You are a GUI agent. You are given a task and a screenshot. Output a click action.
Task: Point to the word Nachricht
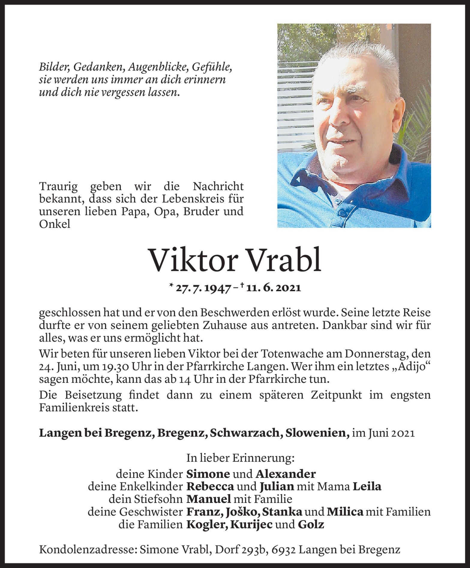point(218,186)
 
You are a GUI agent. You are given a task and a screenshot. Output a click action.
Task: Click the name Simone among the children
point(208,474)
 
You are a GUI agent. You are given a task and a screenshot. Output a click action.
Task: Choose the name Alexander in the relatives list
point(286,474)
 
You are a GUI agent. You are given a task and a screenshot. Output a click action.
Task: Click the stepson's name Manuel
point(208,499)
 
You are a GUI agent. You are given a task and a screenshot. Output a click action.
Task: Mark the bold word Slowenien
point(317,433)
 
